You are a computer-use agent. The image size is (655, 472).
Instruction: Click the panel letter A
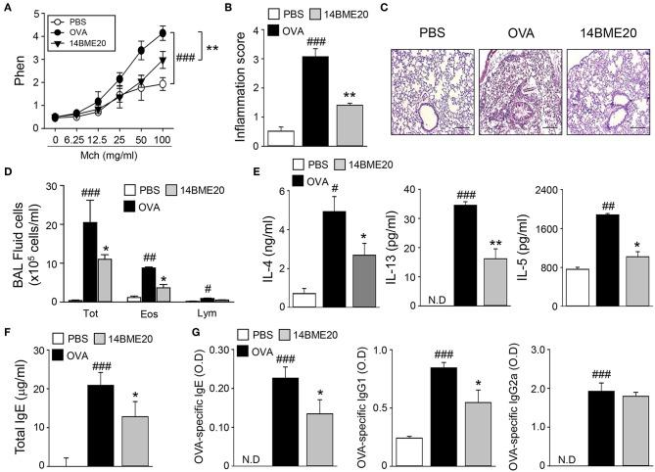[9, 11]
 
